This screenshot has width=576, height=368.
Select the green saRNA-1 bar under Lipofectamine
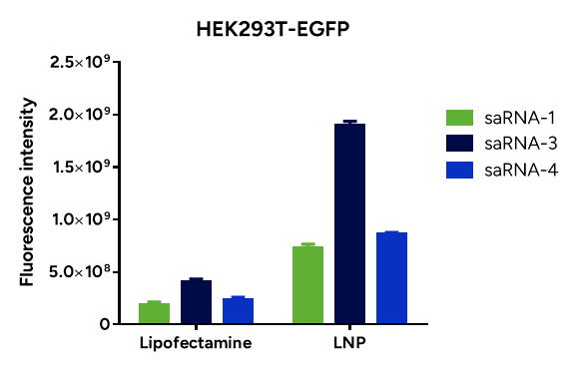[x=154, y=313]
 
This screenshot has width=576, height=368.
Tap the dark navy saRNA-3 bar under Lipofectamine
[x=196, y=302]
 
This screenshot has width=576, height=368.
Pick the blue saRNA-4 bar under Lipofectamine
[x=238, y=311]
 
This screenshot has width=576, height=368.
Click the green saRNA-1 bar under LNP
[x=307, y=285]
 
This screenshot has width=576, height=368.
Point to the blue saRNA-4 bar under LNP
[x=391, y=278]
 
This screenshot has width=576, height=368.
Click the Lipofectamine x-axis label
[x=195, y=344]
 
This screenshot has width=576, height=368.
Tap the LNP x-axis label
[x=349, y=344]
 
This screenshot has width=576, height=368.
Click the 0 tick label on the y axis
[x=103, y=324]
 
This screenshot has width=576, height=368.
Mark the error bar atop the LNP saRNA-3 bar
[x=349, y=122]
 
